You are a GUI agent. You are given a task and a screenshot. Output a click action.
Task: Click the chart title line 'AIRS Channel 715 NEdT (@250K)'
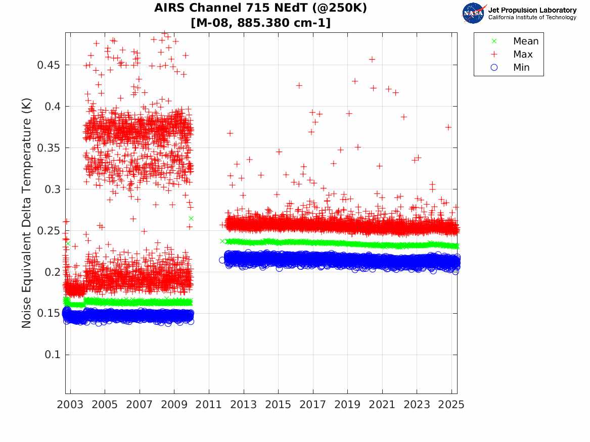260,8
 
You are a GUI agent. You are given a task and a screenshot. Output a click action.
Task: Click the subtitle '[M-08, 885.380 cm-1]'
260,23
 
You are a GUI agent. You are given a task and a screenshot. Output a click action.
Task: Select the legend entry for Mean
526,41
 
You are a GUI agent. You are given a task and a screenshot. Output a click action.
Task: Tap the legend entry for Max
523,55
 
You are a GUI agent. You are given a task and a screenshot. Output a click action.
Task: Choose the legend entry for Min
521,67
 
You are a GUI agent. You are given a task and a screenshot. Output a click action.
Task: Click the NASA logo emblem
474,13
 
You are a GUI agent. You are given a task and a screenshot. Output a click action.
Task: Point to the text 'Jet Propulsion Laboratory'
532,10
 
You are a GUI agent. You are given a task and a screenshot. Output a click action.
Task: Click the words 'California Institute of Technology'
532,18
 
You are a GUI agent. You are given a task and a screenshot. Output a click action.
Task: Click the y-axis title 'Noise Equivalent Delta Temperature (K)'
27,213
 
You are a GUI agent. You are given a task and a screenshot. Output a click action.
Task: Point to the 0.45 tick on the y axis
48,65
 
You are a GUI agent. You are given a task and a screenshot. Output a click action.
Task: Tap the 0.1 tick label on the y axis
52,355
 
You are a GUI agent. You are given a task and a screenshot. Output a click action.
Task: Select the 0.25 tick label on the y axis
48,231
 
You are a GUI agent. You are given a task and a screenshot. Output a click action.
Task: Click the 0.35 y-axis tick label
48,148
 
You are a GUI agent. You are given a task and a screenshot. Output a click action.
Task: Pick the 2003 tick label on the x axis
70,405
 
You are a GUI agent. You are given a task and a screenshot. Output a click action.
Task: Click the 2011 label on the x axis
209,405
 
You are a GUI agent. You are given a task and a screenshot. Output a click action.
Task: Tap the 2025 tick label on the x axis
451,405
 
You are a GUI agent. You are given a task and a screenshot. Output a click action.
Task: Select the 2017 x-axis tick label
313,405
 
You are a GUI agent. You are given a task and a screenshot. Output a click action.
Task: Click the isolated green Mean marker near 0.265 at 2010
191,218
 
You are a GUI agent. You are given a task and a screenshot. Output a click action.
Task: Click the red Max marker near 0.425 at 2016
299,85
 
